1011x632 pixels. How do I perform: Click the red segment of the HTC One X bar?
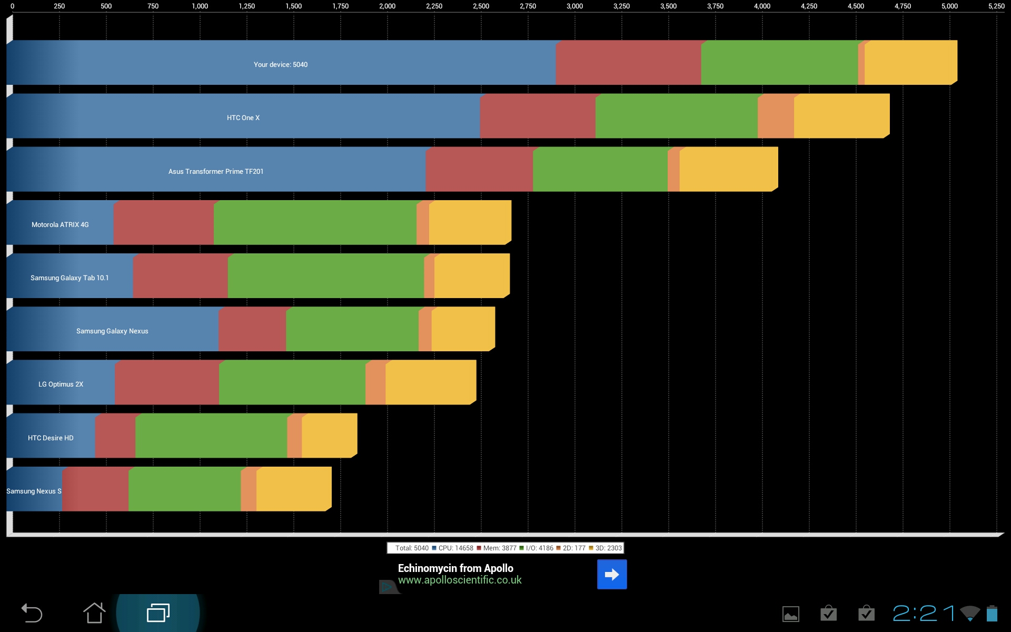coord(538,116)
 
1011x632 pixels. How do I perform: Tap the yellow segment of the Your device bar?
coord(910,63)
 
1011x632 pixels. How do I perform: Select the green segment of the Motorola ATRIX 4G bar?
coord(315,222)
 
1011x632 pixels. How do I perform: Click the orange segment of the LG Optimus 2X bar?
coord(375,382)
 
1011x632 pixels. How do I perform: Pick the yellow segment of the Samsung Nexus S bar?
coord(294,489)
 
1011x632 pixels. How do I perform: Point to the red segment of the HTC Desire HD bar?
coord(115,436)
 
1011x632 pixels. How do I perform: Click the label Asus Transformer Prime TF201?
coord(216,172)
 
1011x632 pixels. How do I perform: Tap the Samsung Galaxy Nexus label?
coord(112,331)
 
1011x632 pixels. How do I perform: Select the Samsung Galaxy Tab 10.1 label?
coord(70,278)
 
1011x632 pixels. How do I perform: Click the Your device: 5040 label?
coord(281,65)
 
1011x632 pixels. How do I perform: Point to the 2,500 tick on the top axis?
coord(481,6)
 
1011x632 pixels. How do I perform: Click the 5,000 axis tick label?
coord(949,6)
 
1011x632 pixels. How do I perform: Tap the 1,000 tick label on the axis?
coord(200,6)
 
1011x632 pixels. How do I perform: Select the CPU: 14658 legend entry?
coord(452,548)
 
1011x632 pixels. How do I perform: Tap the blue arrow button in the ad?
coord(612,574)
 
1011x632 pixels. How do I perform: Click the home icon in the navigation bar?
coord(94,613)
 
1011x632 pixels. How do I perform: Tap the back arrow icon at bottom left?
coord(32,613)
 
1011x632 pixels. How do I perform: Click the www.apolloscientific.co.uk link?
coord(460,580)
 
